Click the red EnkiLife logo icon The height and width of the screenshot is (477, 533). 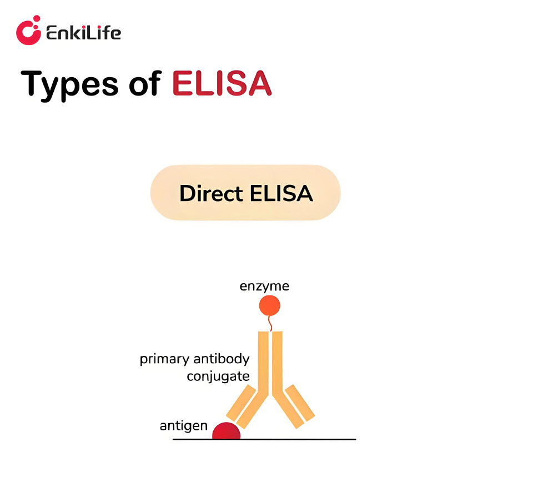pyautogui.click(x=28, y=30)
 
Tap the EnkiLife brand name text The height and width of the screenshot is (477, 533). pyautogui.click(x=84, y=33)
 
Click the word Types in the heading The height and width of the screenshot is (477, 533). pyautogui.click(x=69, y=84)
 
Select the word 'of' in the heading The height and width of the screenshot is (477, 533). pyautogui.click(x=145, y=83)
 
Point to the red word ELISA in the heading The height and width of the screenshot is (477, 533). pyautogui.click(x=222, y=83)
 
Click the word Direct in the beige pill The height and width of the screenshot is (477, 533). pyautogui.click(x=211, y=193)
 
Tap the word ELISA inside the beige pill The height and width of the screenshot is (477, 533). pyautogui.click(x=281, y=193)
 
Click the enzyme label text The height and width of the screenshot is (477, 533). pyautogui.click(x=264, y=287)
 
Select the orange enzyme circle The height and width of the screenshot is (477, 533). pyautogui.click(x=270, y=305)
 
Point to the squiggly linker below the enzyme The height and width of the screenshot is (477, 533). pyautogui.click(x=270, y=323)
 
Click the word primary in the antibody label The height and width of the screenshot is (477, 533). pyautogui.click(x=164, y=359)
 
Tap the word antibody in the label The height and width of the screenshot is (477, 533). pyautogui.click(x=222, y=359)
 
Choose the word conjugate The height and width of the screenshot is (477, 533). pyautogui.click(x=218, y=376)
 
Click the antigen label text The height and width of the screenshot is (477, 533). pyautogui.click(x=184, y=426)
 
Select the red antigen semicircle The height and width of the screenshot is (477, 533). pyautogui.click(x=227, y=431)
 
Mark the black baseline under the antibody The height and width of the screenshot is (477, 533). pyautogui.click(x=264, y=439)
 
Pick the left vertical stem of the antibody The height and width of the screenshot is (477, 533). pyautogui.click(x=263, y=363)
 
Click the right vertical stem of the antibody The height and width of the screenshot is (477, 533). pyautogui.click(x=278, y=363)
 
